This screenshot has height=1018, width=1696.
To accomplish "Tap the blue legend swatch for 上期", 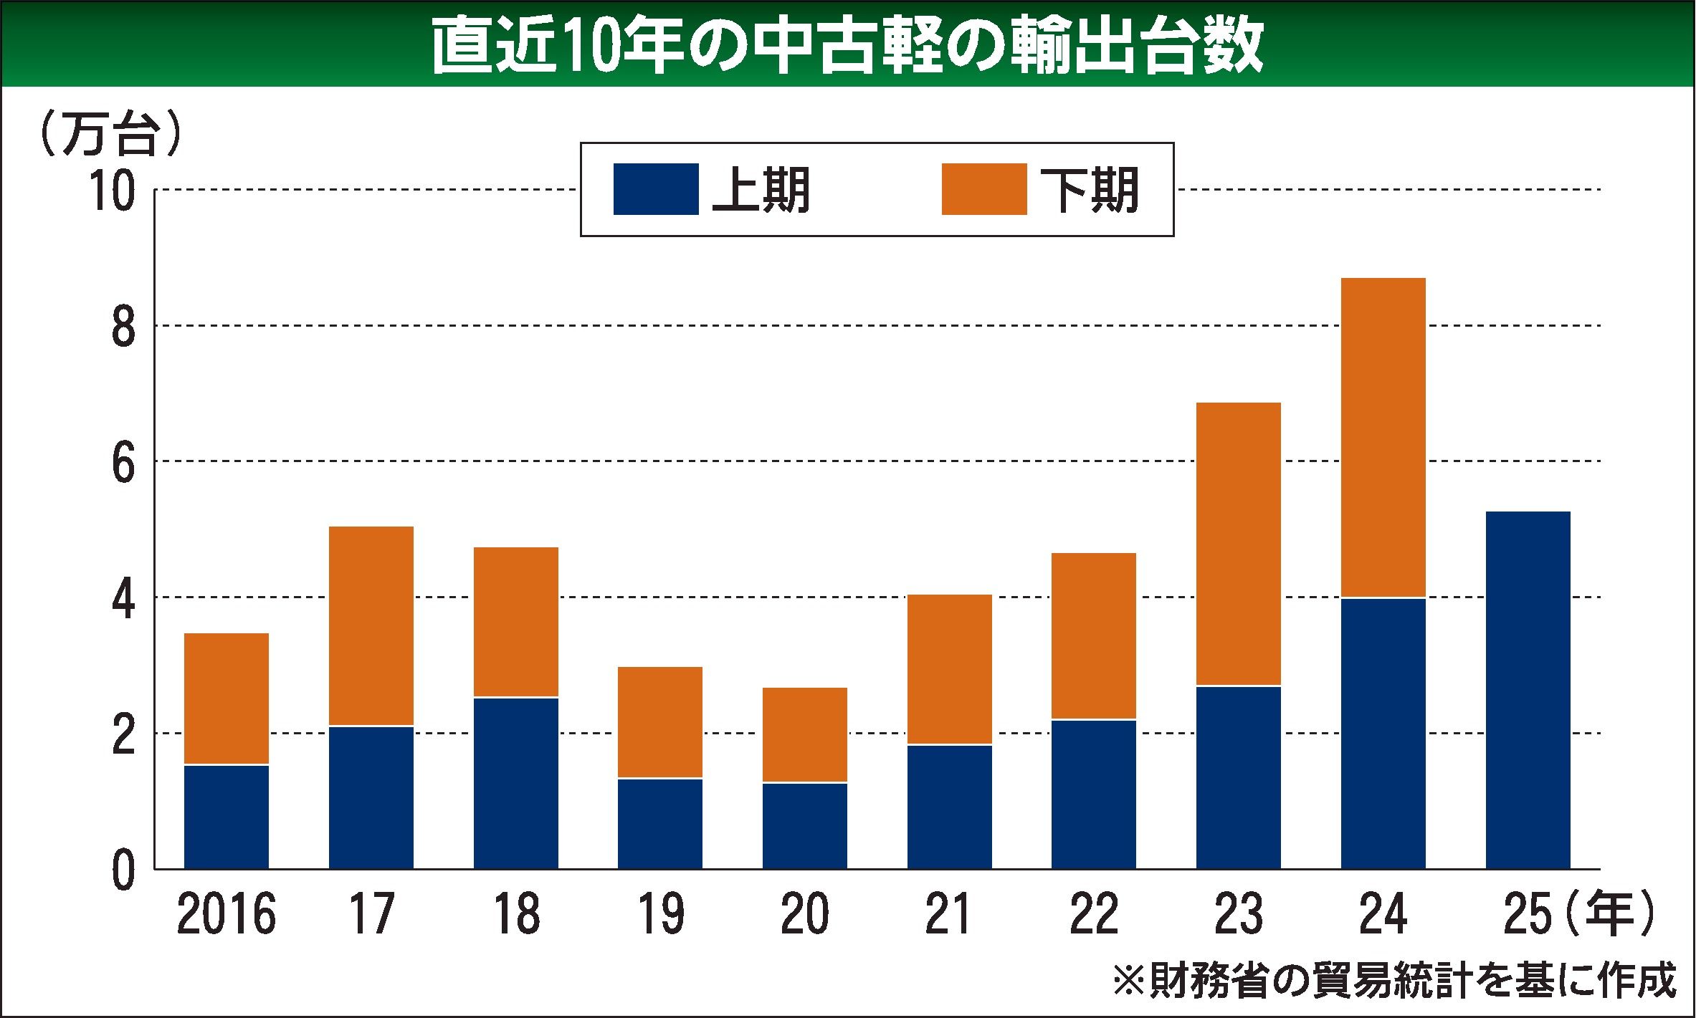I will pos(656,189).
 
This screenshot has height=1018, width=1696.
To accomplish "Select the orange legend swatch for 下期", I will pos(983,189).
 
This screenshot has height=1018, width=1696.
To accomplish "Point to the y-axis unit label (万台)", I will pos(108,134).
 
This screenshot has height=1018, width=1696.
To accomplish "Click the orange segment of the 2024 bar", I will pos(1383,437).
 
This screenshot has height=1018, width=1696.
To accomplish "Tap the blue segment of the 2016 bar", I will pos(227,817).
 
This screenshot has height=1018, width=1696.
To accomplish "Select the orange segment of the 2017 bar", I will pos(371,626).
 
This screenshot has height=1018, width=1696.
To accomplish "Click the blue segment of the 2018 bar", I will pos(516,783).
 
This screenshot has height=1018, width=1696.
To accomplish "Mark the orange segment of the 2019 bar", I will pos(660,722).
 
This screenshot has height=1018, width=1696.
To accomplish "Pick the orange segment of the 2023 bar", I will pos(1238,544).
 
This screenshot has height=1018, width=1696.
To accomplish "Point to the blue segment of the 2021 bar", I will pos(949,807).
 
